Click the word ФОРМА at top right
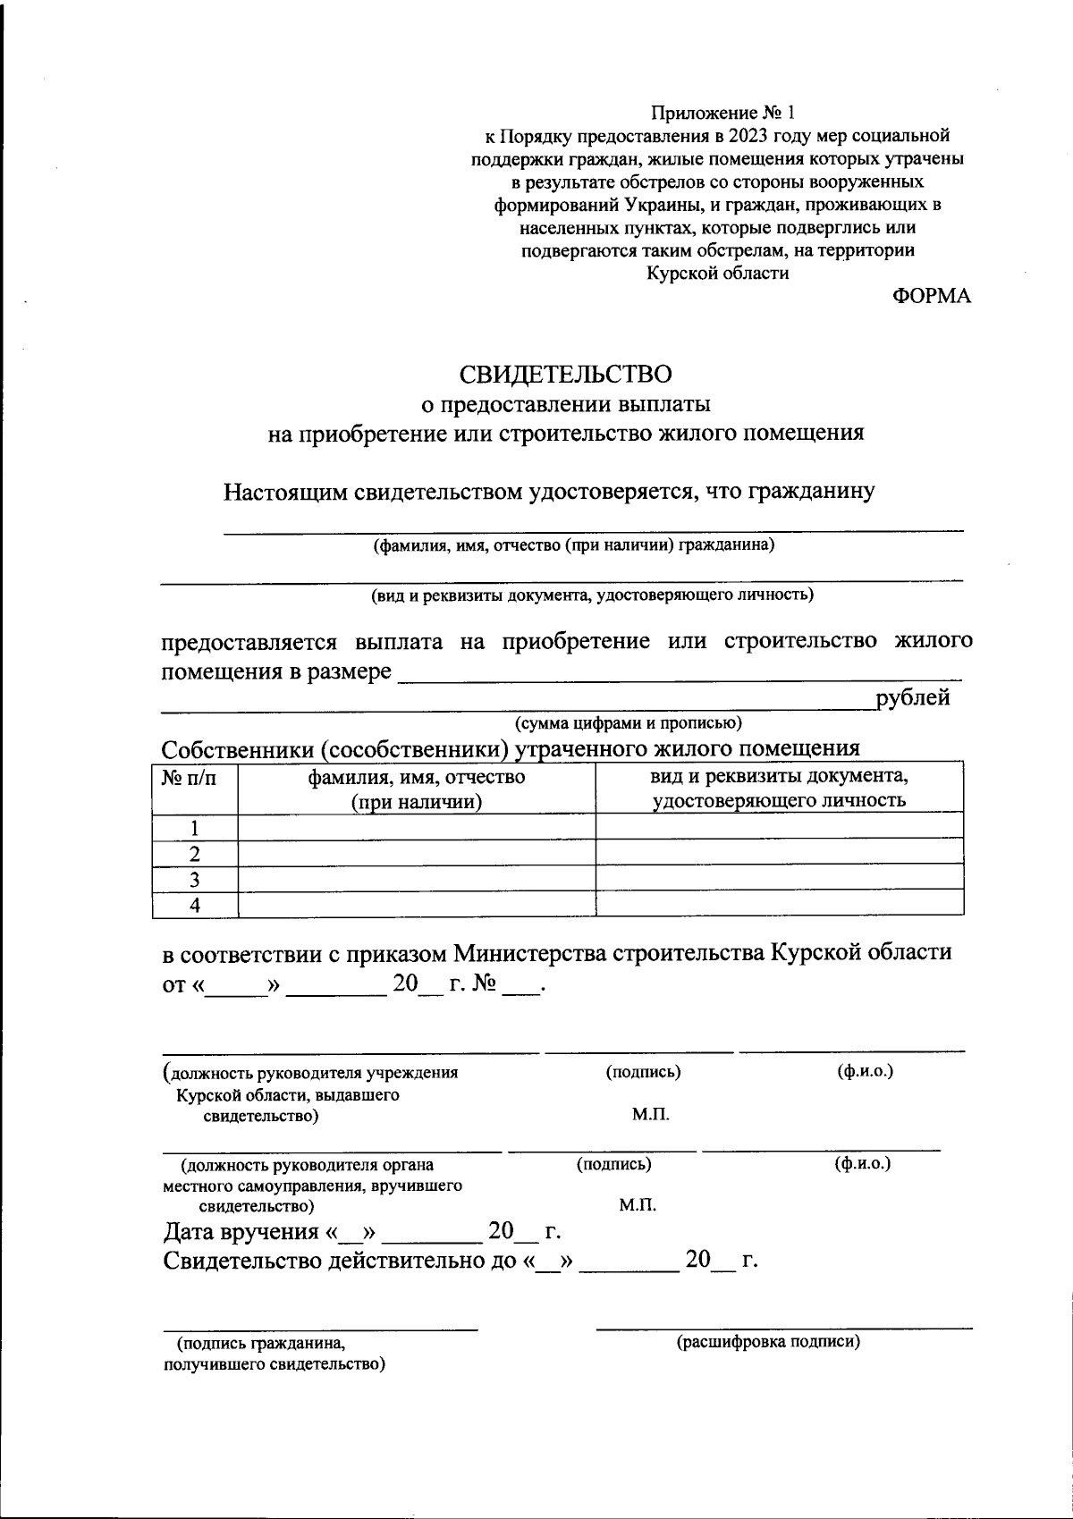pos(931,297)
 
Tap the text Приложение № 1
pos(722,113)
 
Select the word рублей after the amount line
pos(913,698)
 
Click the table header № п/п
pos(189,778)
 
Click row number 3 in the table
pos(194,879)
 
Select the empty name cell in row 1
pos(416,826)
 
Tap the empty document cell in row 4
pos(779,904)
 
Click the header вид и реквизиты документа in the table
pos(779,776)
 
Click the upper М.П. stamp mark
pos(650,1115)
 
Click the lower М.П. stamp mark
pos(638,1205)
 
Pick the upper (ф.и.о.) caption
pos(865,1071)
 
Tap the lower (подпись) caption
pos(613,1164)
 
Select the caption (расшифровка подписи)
pos(768,1341)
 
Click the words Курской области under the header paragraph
pos(718,274)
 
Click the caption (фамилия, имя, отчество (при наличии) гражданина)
pos(573,545)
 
